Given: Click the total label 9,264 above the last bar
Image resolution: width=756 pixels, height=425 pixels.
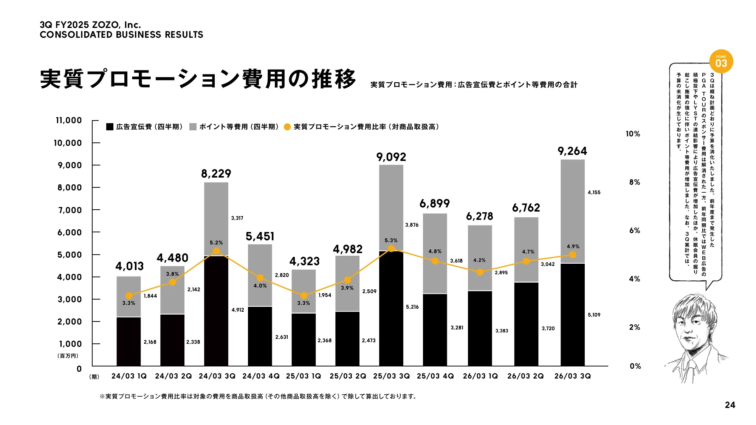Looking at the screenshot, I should pyautogui.click(x=572, y=151).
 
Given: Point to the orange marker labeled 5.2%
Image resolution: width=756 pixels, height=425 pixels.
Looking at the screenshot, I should pyautogui.click(x=216, y=251).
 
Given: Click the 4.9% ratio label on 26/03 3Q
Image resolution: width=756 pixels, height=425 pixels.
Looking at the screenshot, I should pyautogui.click(x=573, y=246).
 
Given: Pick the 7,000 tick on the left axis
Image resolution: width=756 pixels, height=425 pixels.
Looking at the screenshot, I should pyautogui.click(x=70, y=210).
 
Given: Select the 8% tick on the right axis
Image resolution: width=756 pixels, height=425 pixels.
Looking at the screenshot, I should pyautogui.click(x=635, y=182).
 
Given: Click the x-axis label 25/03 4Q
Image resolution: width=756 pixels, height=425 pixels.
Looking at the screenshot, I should pyautogui.click(x=435, y=376).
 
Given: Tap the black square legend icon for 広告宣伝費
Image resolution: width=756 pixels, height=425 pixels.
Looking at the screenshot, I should pyautogui.click(x=110, y=127).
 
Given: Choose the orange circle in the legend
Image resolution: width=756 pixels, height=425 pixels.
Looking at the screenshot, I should pyautogui.click(x=287, y=127).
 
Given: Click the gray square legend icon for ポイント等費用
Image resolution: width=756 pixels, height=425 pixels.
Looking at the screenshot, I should pyautogui.click(x=193, y=127).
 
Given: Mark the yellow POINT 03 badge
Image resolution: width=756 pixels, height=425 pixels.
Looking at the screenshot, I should pyautogui.click(x=721, y=62).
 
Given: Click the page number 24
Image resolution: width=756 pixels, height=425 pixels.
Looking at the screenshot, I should pyautogui.click(x=730, y=405).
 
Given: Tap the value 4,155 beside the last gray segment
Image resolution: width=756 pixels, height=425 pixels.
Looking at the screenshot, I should pyautogui.click(x=594, y=192).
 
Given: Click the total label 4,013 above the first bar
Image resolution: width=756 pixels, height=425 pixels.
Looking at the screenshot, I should pyautogui.click(x=129, y=266).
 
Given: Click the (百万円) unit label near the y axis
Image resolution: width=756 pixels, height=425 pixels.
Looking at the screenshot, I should pyautogui.click(x=68, y=356).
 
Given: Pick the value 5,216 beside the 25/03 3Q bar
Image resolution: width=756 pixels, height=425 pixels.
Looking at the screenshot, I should pyautogui.click(x=412, y=307).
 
